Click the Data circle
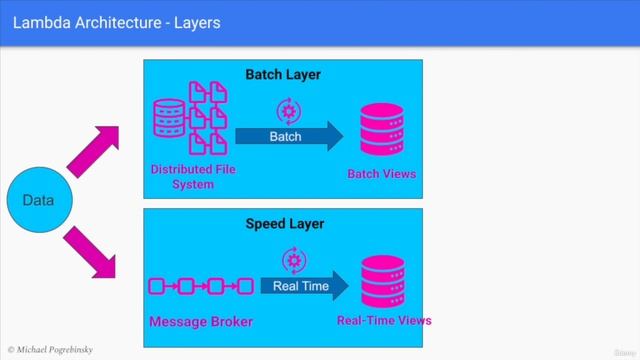click(37, 201)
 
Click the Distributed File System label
click(186, 177)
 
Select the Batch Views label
click(381, 175)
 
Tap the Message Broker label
click(200, 321)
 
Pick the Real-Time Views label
click(384, 321)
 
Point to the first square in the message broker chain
click(157, 287)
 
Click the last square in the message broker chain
click(245, 287)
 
